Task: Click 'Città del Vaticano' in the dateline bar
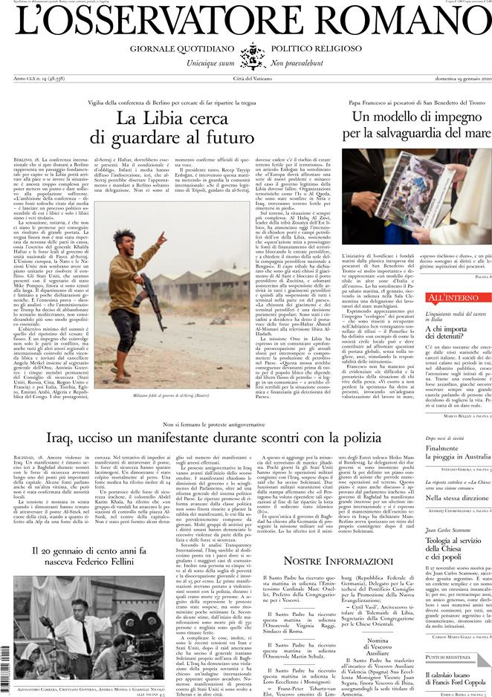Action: click(x=245, y=79)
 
